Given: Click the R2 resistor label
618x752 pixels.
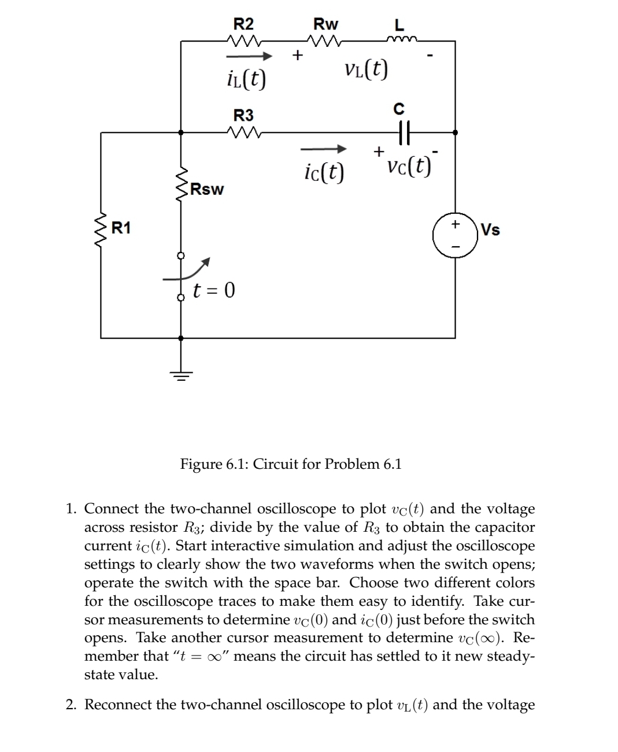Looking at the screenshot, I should [x=243, y=24].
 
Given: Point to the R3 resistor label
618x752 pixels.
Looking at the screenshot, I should [x=243, y=114].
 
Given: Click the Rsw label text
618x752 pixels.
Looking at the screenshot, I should [x=208, y=189].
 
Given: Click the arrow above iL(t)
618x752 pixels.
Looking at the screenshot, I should [x=249, y=57].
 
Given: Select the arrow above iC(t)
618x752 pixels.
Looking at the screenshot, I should [x=324, y=150].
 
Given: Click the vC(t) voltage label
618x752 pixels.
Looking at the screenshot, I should [x=409, y=166].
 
